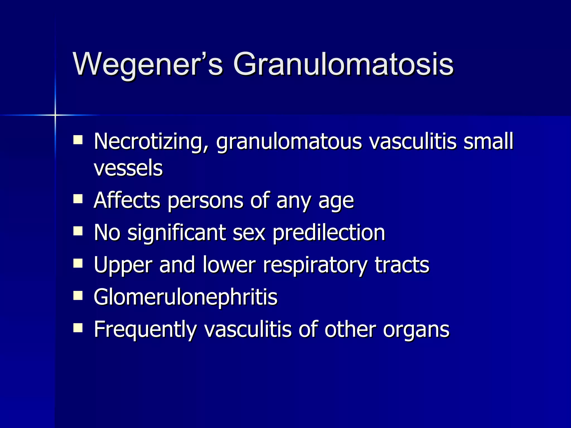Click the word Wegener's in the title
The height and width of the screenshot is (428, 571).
(148, 65)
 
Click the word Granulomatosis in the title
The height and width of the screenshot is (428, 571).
(343, 65)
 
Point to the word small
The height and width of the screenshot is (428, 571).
(488, 141)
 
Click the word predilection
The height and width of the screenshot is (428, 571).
(329, 233)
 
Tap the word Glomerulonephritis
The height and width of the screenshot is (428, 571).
(185, 297)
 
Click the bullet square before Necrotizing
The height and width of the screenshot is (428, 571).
(78, 139)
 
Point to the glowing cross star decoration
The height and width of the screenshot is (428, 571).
(55, 115)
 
